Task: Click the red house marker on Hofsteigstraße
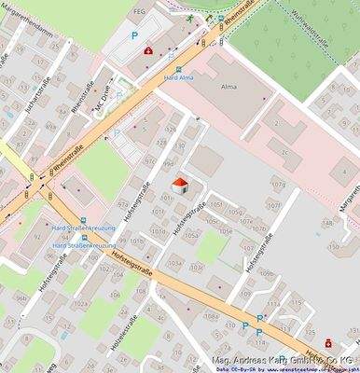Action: pyautogui.click(x=180, y=186)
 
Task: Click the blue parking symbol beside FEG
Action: pyautogui.click(x=133, y=35)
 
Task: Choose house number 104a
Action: pyautogui.click(x=173, y=265)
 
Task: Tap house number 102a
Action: pyautogui.click(x=80, y=304)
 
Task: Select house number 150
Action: pyautogui.click(x=333, y=247)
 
